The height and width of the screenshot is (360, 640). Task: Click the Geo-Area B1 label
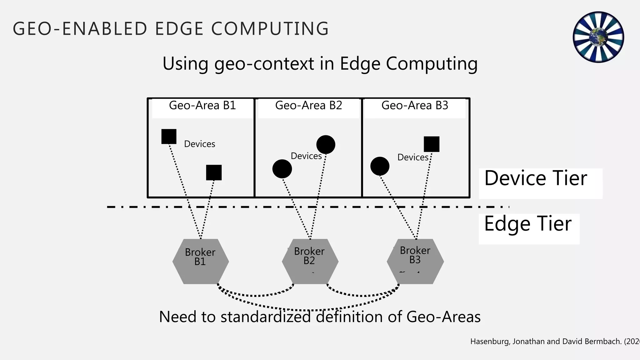[x=202, y=106]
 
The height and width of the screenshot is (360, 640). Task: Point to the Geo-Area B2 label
[x=308, y=106]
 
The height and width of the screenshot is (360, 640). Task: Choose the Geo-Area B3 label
[x=415, y=106]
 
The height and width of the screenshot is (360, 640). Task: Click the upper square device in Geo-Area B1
[x=169, y=137]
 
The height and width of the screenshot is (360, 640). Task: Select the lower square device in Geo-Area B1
[x=214, y=172]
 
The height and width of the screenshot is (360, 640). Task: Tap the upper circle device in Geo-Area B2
[x=326, y=145]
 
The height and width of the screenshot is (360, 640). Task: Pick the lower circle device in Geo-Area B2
[x=282, y=169]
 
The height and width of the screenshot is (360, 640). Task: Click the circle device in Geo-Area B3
[x=380, y=166]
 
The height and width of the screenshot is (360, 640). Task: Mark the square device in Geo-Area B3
[x=432, y=144]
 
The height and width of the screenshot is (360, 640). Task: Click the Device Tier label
[x=536, y=179]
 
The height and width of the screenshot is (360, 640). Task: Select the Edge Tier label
[x=528, y=224]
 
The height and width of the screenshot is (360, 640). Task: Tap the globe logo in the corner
[x=598, y=37]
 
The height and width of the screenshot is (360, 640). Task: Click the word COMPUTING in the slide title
[x=270, y=29]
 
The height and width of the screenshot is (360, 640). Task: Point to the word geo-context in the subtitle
[x=264, y=64]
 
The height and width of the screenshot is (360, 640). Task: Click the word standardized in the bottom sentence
[x=265, y=317]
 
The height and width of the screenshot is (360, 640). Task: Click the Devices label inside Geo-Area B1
[x=199, y=144]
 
